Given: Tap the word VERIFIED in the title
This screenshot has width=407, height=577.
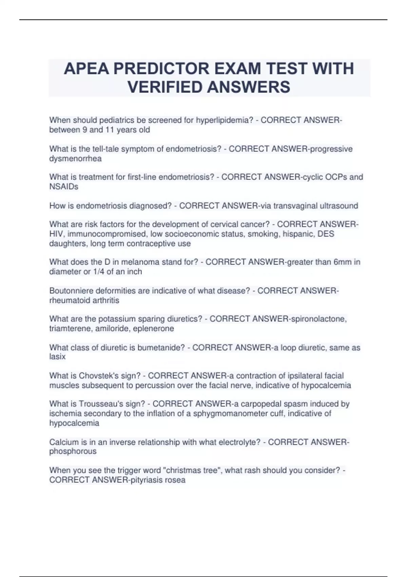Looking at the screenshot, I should click(164, 87).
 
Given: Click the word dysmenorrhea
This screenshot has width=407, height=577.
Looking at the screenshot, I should click(75, 159).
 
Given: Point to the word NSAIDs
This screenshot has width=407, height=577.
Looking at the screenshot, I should click(64, 187).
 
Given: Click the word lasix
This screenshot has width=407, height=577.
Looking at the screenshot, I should click(57, 357).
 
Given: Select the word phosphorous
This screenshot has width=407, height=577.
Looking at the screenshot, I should click(73, 451).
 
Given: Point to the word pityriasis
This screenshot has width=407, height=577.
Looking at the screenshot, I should click(146, 480).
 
